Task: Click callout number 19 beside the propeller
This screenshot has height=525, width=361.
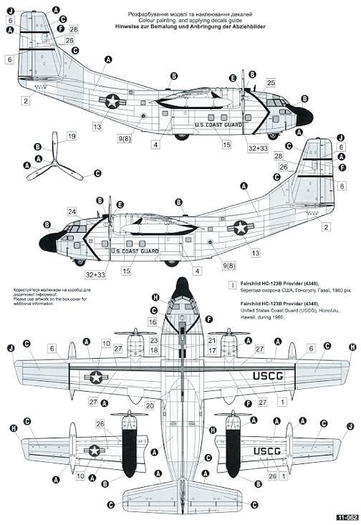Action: point(71,136)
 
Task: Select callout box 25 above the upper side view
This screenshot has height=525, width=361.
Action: point(271,84)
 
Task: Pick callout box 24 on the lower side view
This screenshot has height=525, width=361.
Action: point(72,211)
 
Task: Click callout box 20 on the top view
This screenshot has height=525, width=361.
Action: point(149,405)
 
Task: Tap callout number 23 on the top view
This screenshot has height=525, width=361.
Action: point(154,342)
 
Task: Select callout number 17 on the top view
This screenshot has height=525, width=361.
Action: point(212,350)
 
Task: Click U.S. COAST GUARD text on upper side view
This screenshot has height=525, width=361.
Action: point(218,124)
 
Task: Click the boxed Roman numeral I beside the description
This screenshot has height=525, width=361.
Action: point(231,284)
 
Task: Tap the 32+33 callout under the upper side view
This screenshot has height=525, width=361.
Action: point(258,148)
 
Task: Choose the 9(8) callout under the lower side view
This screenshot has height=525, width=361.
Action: point(230,266)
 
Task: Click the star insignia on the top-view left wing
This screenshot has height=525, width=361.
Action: point(95,377)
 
